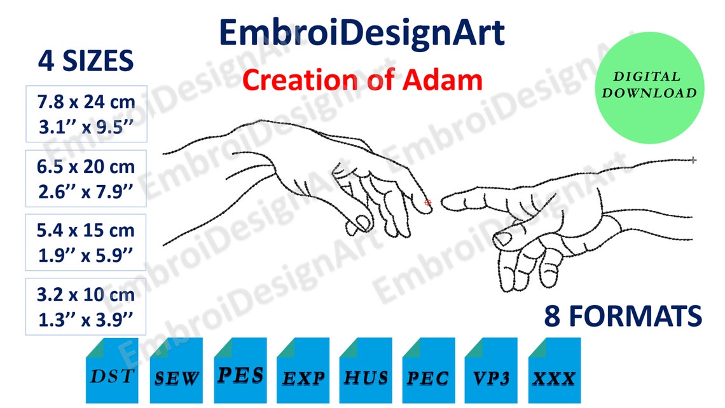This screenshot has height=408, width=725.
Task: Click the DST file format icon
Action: (112, 371)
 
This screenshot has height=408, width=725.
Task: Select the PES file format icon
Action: (240, 371)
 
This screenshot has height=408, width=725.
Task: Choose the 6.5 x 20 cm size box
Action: (86, 179)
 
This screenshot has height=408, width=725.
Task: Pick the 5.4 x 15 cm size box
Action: (86, 242)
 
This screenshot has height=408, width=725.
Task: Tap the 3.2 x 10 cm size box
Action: (86, 306)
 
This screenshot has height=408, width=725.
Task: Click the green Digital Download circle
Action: (649, 88)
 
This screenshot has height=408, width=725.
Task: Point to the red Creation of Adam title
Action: (362, 81)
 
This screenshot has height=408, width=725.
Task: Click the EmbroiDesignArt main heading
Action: (362, 32)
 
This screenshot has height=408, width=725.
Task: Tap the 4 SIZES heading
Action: (86, 61)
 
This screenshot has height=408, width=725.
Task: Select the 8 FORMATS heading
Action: (623, 315)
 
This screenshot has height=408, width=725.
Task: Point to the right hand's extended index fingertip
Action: (445, 203)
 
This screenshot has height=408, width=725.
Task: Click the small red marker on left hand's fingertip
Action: (427, 202)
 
